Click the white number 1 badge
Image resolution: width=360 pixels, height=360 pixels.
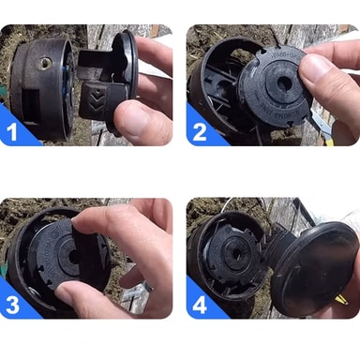click(x=12, y=131)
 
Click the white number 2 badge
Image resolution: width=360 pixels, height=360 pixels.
click(x=200, y=131)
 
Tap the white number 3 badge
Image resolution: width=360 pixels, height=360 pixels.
click(x=12, y=305)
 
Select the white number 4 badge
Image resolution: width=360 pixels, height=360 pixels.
click(x=200, y=305)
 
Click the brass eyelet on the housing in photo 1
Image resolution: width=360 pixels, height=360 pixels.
click(x=44, y=64)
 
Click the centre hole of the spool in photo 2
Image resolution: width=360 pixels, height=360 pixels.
click(x=284, y=82)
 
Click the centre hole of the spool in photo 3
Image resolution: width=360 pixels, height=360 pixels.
click(x=74, y=257)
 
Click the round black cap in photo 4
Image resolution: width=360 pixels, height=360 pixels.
click(x=314, y=269)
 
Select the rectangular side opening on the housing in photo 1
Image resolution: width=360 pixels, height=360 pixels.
click(x=30, y=102)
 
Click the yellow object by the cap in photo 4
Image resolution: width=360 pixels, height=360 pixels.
click(x=342, y=301)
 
